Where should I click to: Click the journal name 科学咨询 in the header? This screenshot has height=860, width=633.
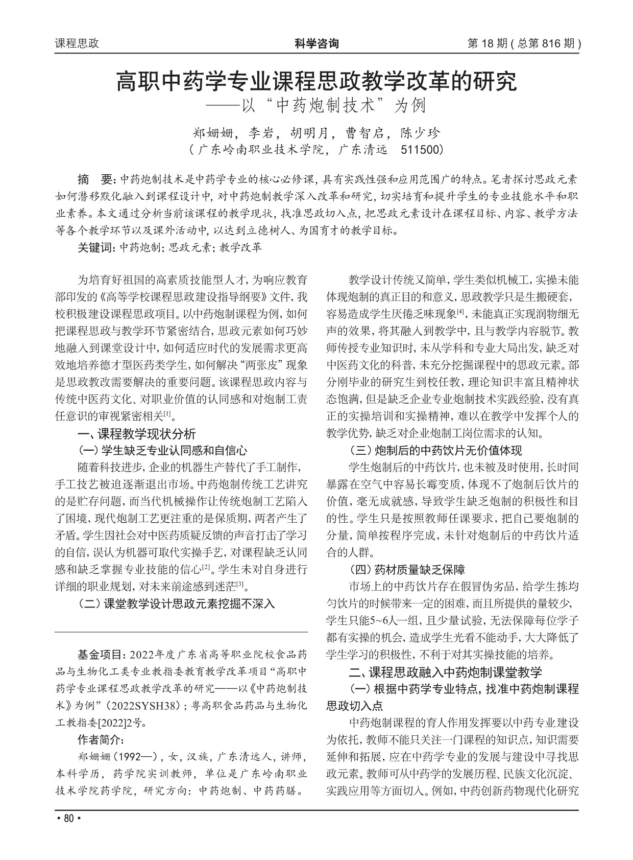316,43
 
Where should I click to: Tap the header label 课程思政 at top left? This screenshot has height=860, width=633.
77,43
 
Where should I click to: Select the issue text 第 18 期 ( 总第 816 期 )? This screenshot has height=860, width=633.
524,43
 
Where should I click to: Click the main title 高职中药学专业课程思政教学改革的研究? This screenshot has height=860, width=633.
316,82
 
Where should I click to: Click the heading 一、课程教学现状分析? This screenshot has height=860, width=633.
136,434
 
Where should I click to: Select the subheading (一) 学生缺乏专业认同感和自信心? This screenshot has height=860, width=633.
162,450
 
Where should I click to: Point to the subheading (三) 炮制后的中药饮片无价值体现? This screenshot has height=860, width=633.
435,450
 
